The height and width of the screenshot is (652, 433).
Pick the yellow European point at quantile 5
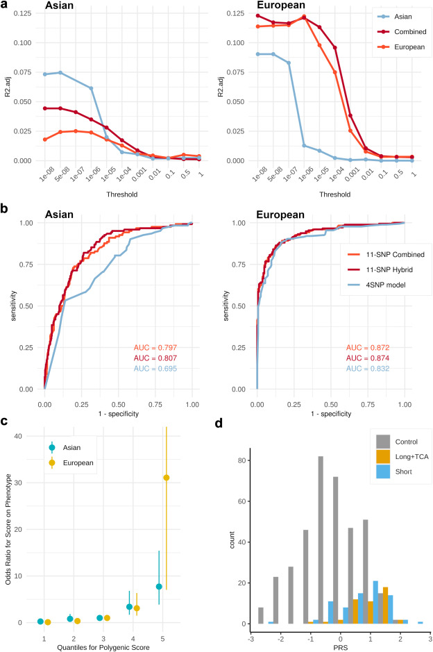tap(166, 477)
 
